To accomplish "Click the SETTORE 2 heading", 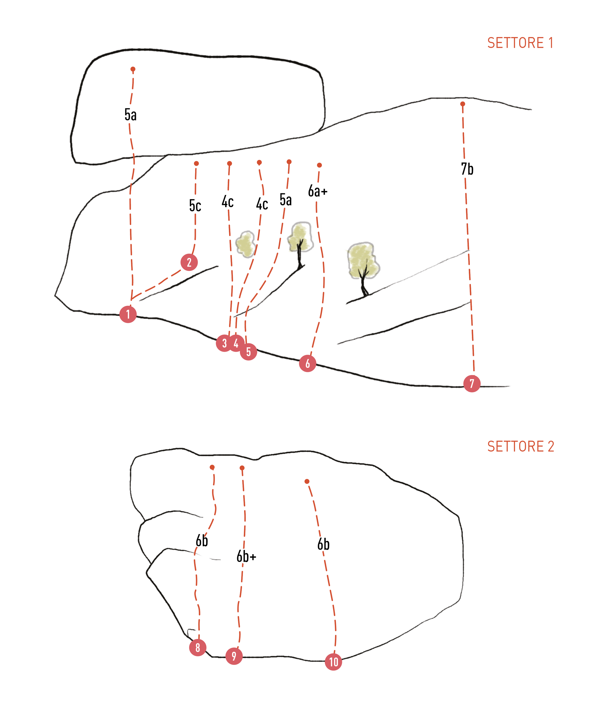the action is pyautogui.click(x=521, y=446).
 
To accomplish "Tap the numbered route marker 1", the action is pyautogui.click(x=128, y=314).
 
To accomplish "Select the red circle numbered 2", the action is pyautogui.click(x=189, y=262).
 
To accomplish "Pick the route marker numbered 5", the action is pyautogui.click(x=249, y=351).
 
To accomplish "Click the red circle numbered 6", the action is pyautogui.click(x=307, y=363).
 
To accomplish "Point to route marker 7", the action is pyautogui.click(x=472, y=383).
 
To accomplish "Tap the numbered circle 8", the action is pyautogui.click(x=198, y=647).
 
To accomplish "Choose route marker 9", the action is pyautogui.click(x=234, y=656).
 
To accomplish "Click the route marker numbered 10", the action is pyautogui.click(x=333, y=662).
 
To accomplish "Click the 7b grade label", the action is pyautogui.click(x=467, y=169).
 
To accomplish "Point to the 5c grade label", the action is pyautogui.click(x=195, y=205).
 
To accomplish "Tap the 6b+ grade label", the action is pyautogui.click(x=246, y=556).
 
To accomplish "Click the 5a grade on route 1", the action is pyautogui.click(x=130, y=115).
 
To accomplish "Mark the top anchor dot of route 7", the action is pyautogui.click(x=463, y=104).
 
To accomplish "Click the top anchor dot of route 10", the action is pyautogui.click(x=307, y=481).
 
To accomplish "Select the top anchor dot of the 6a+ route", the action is pyautogui.click(x=319, y=165).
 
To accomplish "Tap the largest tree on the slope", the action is pyautogui.click(x=363, y=264).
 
